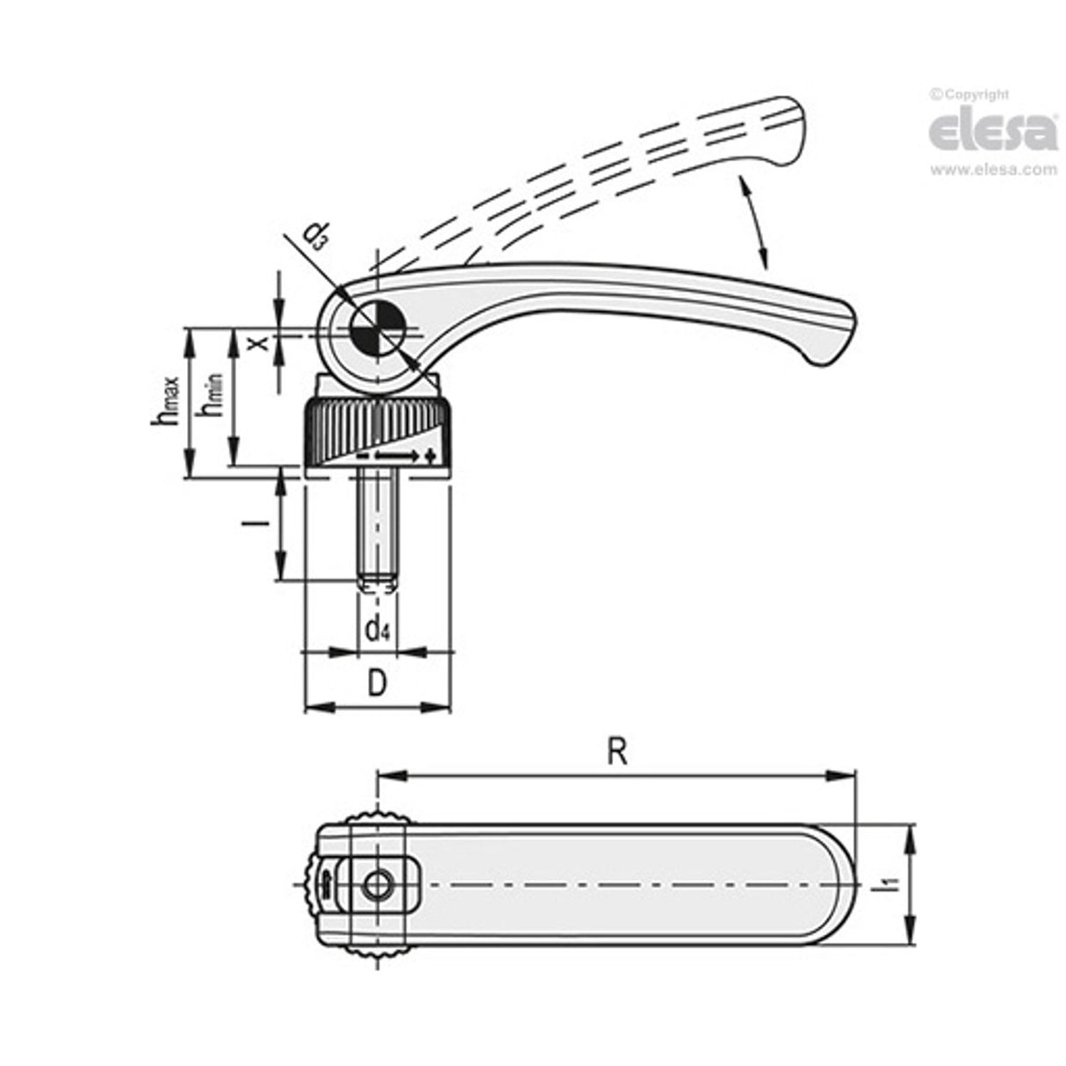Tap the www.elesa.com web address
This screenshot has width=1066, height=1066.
993,170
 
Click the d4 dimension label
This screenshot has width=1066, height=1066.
377,628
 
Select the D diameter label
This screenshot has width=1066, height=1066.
376,683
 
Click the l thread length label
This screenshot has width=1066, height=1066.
257,524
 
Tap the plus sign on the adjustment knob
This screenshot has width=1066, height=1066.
430,456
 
